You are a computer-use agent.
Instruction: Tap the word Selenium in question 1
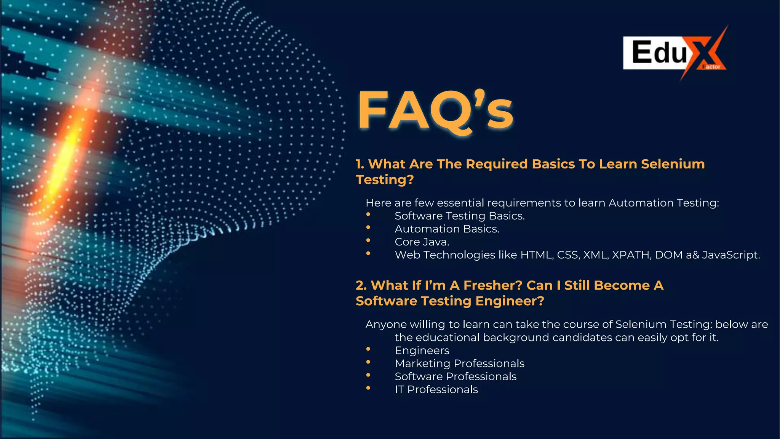coord(673,164)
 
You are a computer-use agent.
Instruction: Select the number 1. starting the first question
coord(360,164)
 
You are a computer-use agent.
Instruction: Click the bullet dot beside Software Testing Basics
coord(368,215)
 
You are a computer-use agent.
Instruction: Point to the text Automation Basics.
coord(447,229)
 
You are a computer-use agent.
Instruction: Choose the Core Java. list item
coord(422,242)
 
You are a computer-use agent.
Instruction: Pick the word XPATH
coord(631,255)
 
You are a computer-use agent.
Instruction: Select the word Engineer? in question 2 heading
coord(510,301)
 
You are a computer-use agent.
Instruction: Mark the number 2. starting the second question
coord(361,285)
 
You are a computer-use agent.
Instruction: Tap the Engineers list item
coord(422,351)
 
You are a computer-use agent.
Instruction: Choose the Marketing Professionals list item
coord(459,364)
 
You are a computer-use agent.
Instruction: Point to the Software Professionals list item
coord(456,377)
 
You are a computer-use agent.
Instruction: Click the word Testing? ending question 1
coord(385,179)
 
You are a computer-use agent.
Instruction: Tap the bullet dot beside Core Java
coord(368,241)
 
